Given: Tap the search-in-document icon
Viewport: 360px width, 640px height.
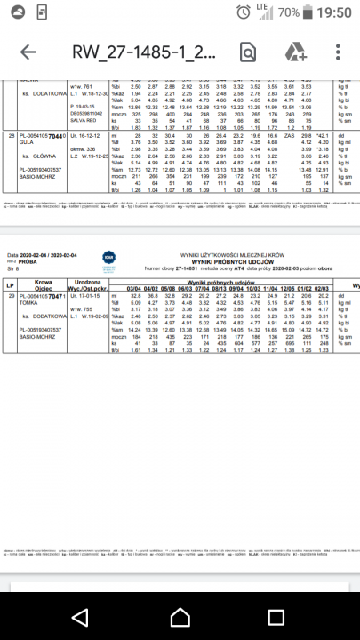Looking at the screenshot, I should coord(247,52).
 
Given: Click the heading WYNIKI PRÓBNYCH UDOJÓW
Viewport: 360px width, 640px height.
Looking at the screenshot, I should coord(206,265).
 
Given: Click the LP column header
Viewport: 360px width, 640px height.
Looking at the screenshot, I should coord(10,285).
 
